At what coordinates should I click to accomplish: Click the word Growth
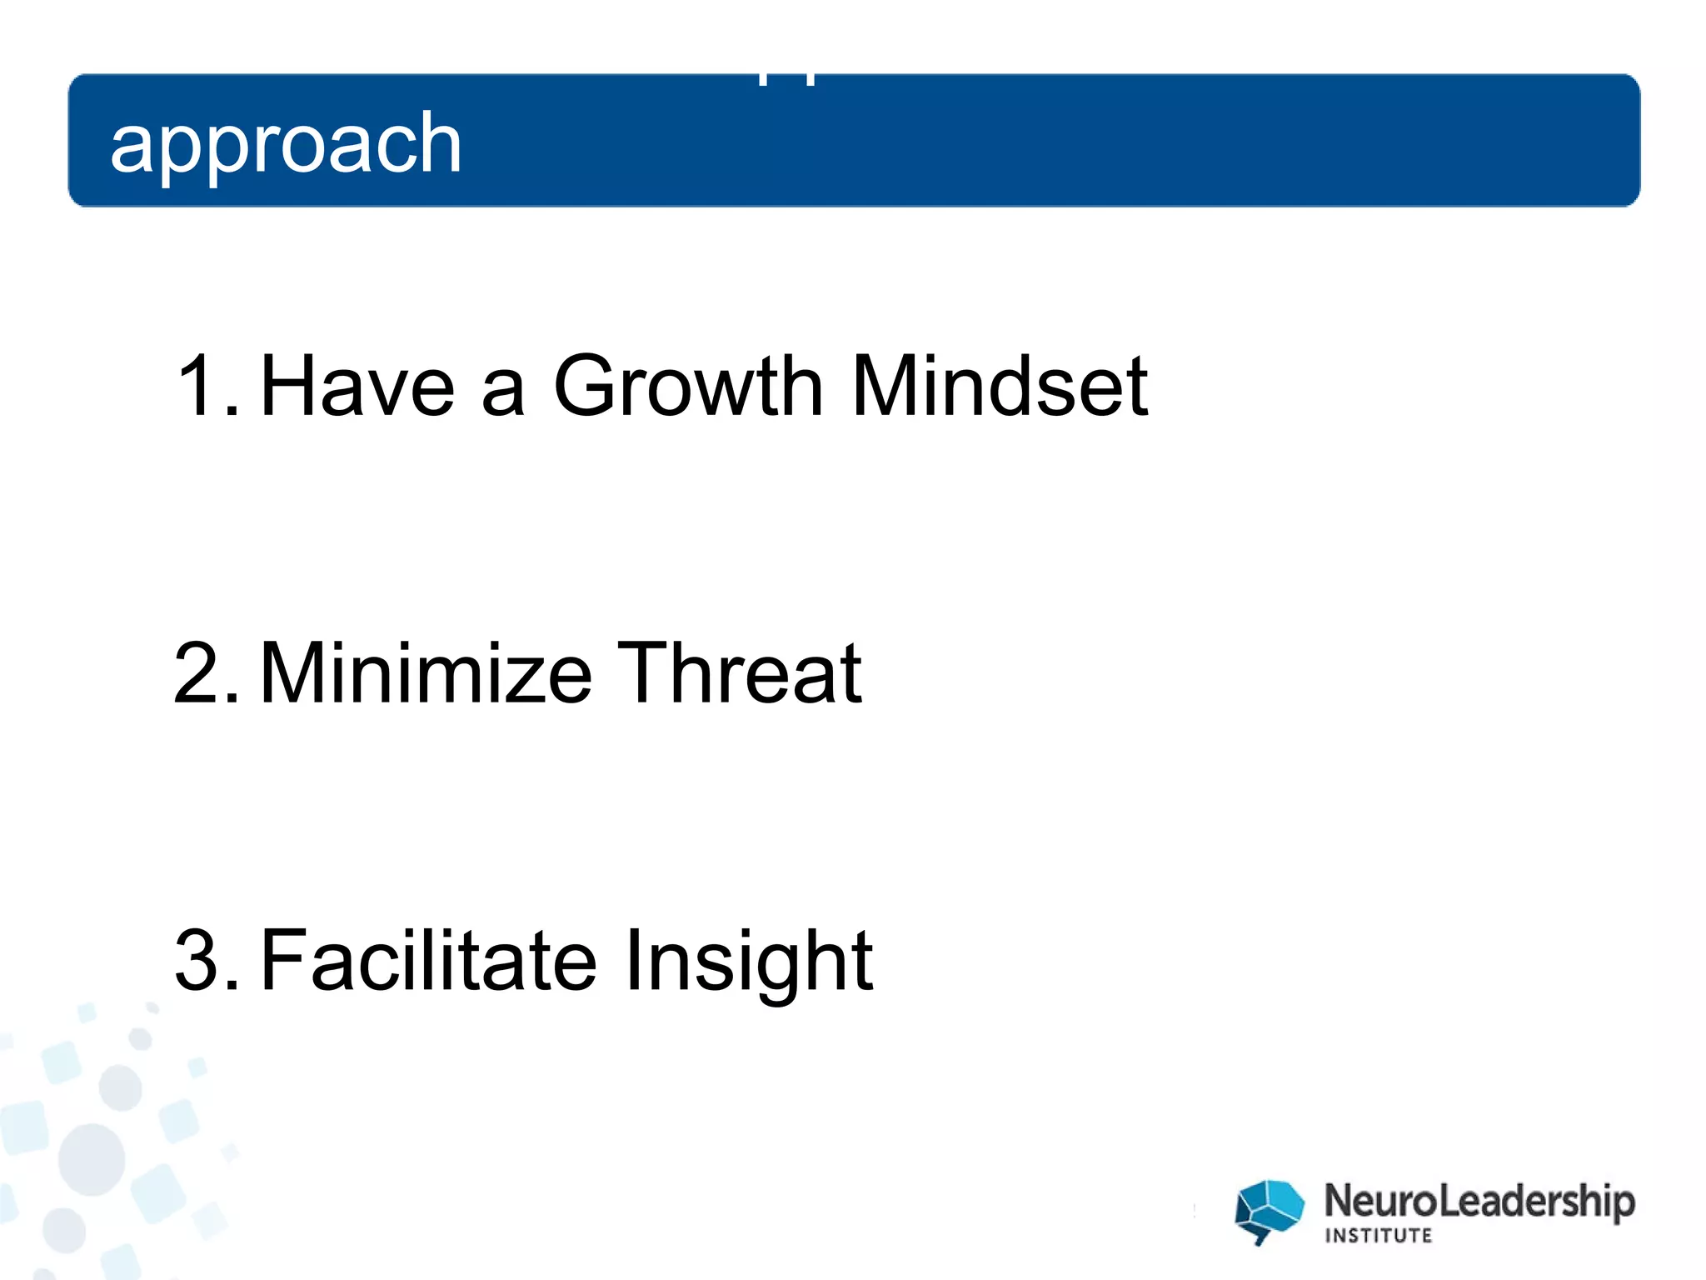(x=688, y=385)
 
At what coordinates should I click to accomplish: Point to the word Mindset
(x=1000, y=385)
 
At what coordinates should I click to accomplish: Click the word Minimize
(x=426, y=672)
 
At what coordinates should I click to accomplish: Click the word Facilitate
(x=428, y=960)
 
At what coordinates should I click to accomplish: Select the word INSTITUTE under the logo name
(x=1379, y=1235)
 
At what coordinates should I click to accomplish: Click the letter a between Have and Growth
(x=503, y=392)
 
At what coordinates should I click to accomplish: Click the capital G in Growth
(x=588, y=385)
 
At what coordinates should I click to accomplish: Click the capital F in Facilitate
(x=284, y=960)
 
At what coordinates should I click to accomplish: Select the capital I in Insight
(x=632, y=960)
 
